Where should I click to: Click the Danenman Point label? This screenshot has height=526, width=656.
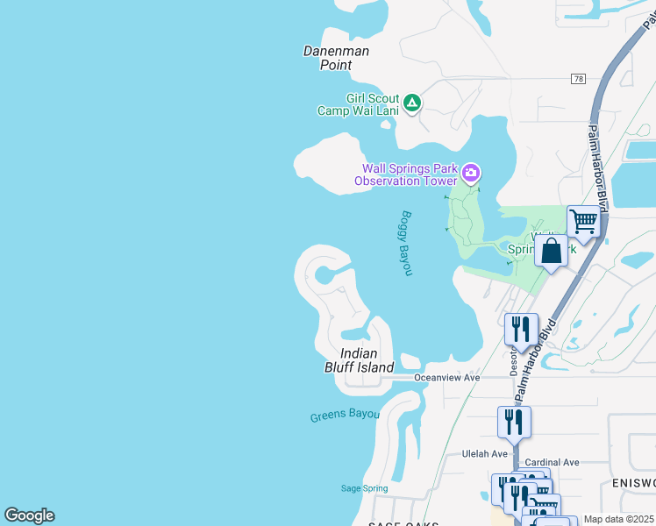tap(336, 58)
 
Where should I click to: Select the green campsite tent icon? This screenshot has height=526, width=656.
tap(412, 103)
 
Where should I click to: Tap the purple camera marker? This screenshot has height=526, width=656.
tap(471, 173)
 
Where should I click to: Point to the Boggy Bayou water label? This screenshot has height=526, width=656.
tap(405, 243)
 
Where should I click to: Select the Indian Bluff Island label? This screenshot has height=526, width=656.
tap(354, 360)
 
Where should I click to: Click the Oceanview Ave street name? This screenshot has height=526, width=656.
tap(447, 377)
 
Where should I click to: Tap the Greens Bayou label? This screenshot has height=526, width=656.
tap(345, 415)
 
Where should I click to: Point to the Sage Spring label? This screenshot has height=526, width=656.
tap(362, 488)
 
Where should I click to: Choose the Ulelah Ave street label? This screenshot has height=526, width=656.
tap(485, 454)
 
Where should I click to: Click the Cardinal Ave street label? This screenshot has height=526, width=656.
tap(552, 462)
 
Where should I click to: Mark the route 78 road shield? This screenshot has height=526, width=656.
tap(577, 79)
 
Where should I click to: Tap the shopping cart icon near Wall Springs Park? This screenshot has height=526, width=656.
tap(582, 223)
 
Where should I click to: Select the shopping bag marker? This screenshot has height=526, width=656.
tap(551, 251)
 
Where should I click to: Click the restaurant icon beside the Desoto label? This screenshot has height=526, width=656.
tap(521, 330)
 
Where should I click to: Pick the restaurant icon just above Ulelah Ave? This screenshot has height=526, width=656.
tap(514, 422)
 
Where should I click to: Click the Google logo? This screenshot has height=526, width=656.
tap(29, 515)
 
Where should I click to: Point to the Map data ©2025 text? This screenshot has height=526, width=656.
tap(618, 519)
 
